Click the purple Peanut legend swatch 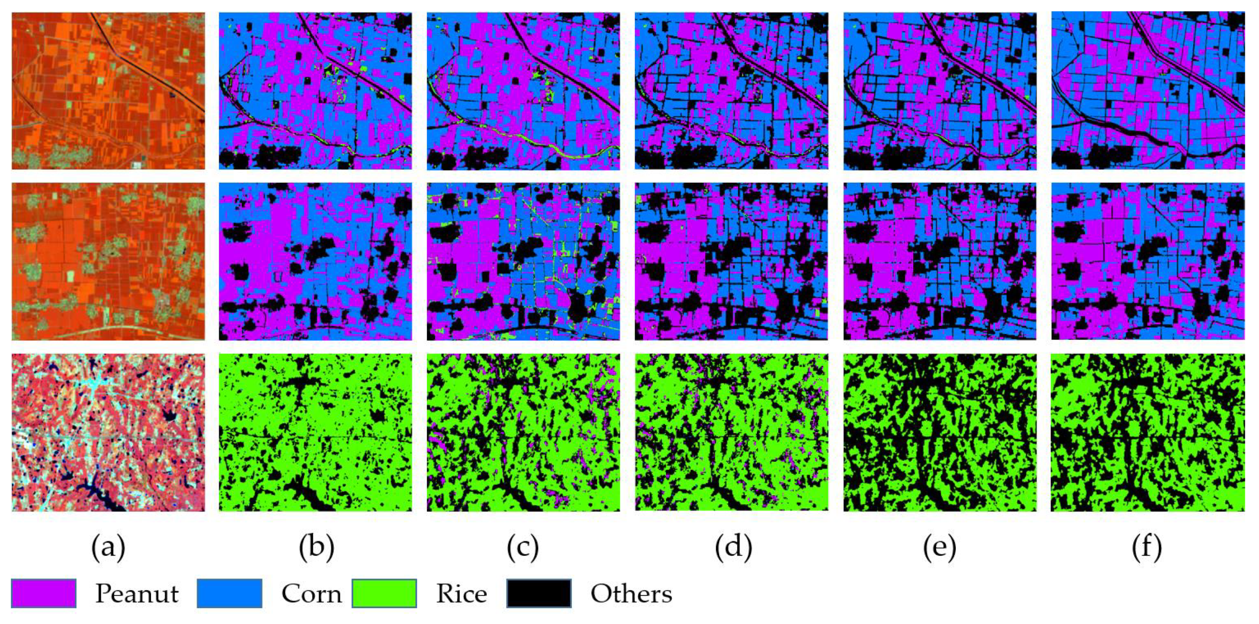pyautogui.click(x=44, y=593)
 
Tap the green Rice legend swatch pyautogui.click(x=384, y=593)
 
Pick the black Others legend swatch pyautogui.click(x=539, y=593)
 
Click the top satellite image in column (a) pyautogui.click(x=108, y=91)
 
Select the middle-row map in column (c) pyautogui.click(x=523, y=261)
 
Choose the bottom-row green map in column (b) pyautogui.click(x=315, y=432)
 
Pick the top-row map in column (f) pyautogui.click(x=1148, y=91)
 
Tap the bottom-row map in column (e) pyautogui.click(x=939, y=432)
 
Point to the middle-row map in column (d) pyautogui.click(x=731, y=261)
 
